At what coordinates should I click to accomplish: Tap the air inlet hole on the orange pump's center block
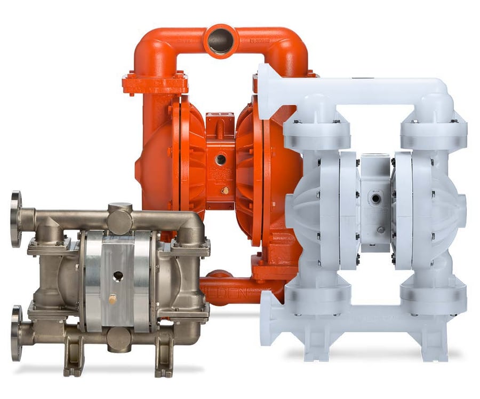[x=220, y=159]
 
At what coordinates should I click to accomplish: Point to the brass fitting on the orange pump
[x=226, y=190]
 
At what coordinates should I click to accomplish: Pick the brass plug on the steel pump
[x=113, y=300]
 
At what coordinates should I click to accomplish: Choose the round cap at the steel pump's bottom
[x=118, y=339]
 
